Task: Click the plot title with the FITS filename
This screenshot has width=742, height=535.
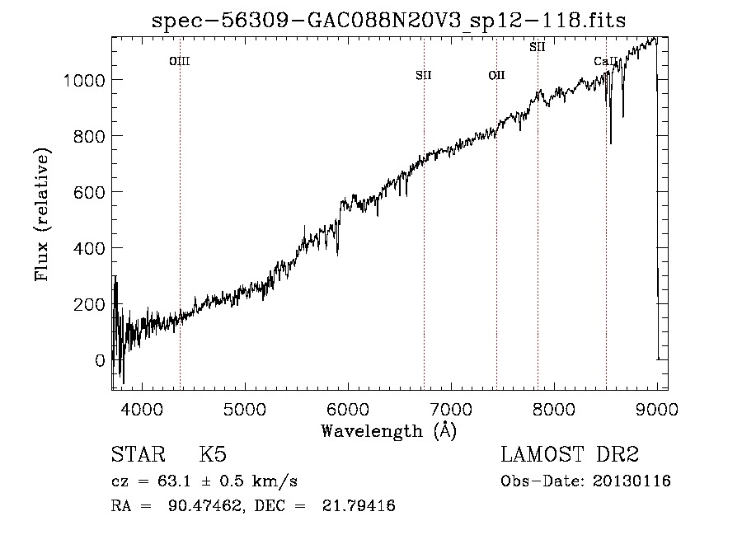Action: (x=389, y=21)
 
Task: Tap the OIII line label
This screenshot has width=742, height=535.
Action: (x=180, y=60)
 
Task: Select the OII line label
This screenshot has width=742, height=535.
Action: (x=496, y=75)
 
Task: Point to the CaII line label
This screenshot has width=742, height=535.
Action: (x=606, y=61)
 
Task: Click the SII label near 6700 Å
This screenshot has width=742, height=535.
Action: (x=424, y=75)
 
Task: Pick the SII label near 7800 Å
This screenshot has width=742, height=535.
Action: (x=538, y=47)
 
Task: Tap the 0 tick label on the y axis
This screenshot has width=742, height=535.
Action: (x=100, y=360)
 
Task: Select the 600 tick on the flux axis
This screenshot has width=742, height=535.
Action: (x=89, y=192)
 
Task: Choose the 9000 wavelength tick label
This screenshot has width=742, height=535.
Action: (x=656, y=407)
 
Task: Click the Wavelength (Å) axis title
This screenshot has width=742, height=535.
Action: (x=388, y=429)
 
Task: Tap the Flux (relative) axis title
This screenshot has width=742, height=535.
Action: (x=42, y=215)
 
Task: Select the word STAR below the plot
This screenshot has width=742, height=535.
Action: (x=137, y=455)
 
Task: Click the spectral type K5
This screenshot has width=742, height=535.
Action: (x=213, y=455)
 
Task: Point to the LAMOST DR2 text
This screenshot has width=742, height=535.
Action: (x=570, y=455)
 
